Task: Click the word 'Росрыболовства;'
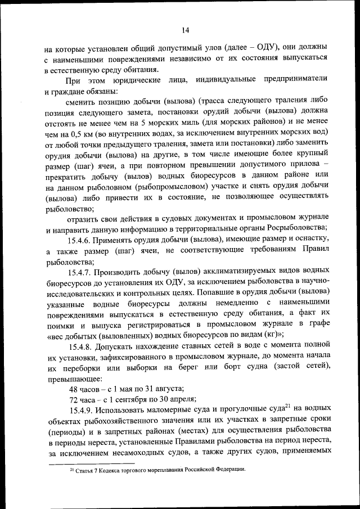coord(293,228)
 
